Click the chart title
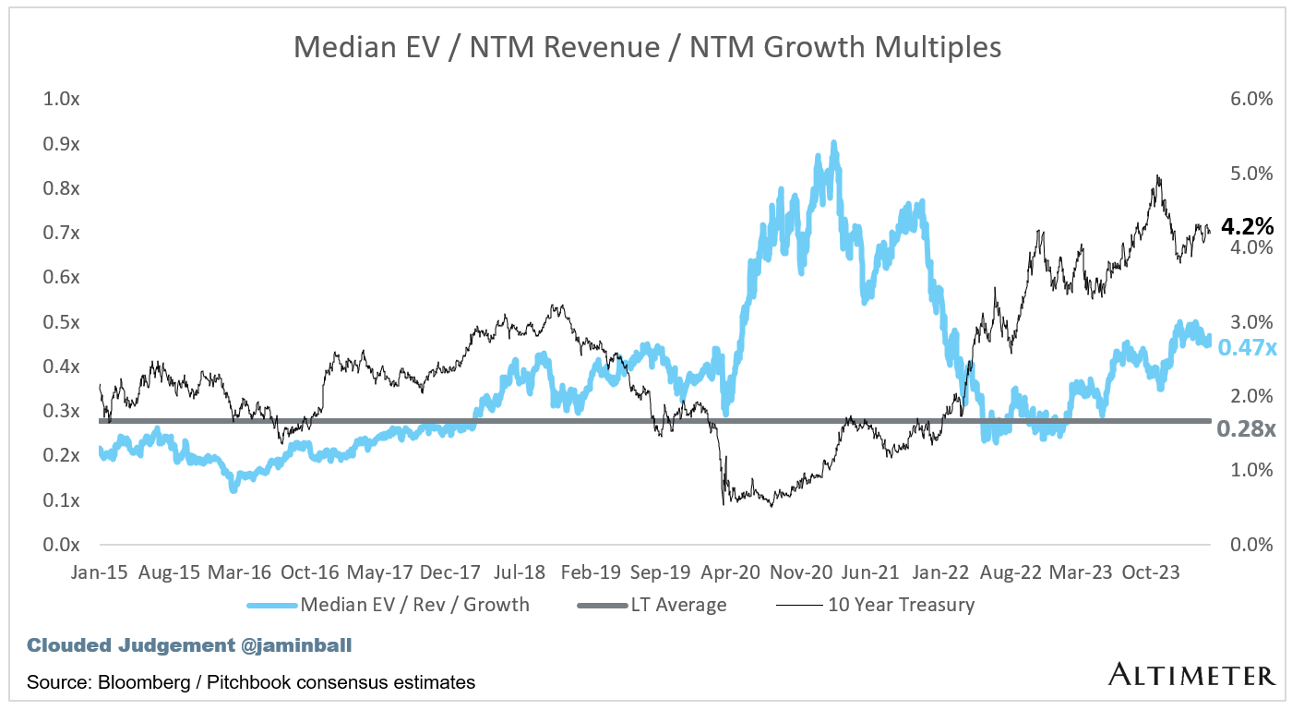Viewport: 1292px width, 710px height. point(646,46)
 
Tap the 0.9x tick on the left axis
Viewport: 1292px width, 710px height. point(62,144)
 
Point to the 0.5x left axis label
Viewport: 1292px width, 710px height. point(62,322)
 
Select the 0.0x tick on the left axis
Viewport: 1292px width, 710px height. point(62,545)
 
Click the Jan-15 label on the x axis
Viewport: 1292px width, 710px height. point(99,572)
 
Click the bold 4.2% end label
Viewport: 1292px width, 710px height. point(1247,226)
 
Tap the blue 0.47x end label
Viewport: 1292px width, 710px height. point(1247,348)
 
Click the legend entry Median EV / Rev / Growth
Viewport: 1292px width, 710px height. point(414,606)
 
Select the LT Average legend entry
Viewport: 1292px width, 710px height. point(678,606)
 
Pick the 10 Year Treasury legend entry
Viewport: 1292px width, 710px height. point(901,606)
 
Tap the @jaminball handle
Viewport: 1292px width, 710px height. point(295,645)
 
